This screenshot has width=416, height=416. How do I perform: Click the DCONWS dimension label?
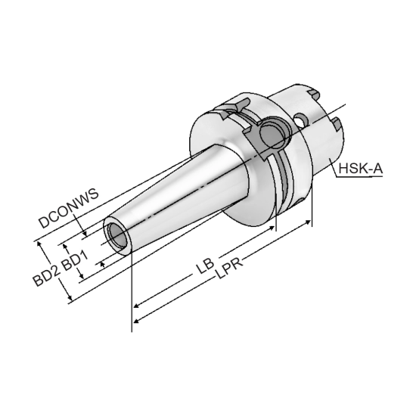pyautogui.click(x=69, y=210)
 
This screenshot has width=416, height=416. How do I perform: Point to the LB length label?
pyautogui.click(x=203, y=266)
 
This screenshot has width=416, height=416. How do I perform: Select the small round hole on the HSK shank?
pyautogui.click(x=302, y=120)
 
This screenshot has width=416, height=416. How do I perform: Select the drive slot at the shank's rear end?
pyautogui.click(x=334, y=122)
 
